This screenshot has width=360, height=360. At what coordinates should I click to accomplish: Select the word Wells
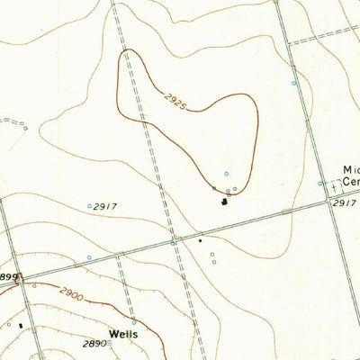click(124, 333)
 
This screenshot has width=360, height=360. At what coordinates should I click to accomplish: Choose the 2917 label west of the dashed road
click(107, 206)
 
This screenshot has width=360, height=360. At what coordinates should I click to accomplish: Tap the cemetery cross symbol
click(336, 189)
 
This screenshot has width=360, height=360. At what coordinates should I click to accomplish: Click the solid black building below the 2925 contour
click(221, 201)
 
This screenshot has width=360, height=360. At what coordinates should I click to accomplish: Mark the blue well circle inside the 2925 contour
click(227, 174)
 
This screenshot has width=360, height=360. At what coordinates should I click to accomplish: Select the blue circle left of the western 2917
click(89, 206)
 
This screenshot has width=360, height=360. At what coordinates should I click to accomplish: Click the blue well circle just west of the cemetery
click(319, 184)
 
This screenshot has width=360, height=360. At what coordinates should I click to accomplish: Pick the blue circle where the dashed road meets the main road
click(173, 242)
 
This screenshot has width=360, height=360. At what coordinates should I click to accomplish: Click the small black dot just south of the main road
click(200, 240)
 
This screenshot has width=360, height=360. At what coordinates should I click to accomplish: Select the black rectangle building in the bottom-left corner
click(21, 325)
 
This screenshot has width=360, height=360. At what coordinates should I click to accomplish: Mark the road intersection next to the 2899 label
click(16, 280)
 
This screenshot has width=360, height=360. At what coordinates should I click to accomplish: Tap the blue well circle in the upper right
click(293, 83)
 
